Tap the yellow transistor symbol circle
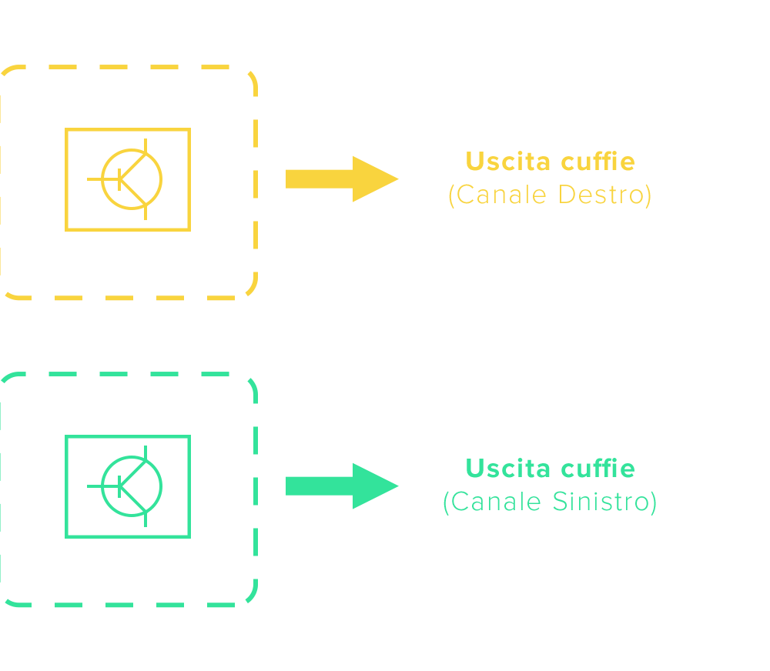[x=132, y=179]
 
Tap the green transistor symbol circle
[x=132, y=486]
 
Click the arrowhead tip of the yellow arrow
[x=396, y=179]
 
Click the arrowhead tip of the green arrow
[x=396, y=486]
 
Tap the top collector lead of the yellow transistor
[x=146, y=146]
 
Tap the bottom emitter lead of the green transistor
[x=146, y=519]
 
